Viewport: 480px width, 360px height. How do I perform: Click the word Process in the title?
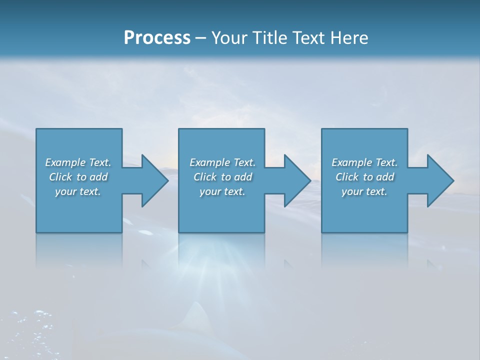point(157,38)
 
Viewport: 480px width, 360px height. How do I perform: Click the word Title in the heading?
point(269,38)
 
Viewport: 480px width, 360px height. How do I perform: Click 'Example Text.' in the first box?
point(78,162)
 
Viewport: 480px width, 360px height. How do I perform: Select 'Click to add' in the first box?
point(78,177)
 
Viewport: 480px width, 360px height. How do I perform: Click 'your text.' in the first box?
point(78,191)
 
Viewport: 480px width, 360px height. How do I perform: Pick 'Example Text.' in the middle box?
point(222,162)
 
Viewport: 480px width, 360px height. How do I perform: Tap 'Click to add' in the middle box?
point(222,177)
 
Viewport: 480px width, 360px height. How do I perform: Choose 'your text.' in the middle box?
point(222,191)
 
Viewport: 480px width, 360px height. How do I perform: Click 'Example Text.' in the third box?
point(364,162)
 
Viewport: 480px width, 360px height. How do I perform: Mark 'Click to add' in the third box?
point(364,177)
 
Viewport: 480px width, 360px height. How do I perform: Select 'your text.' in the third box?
point(364,191)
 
